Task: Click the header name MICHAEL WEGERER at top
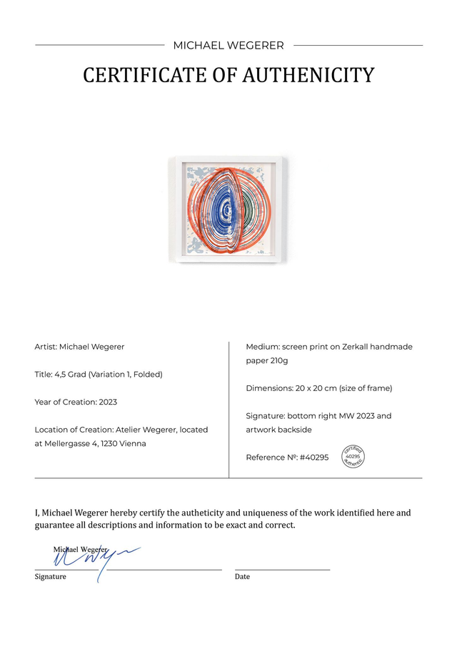click(x=228, y=46)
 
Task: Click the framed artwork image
click(x=228, y=210)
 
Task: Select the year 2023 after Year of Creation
click(x=108, y=402)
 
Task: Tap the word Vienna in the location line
click(x=133, y=443)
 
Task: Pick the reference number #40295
click(x=314, y=458)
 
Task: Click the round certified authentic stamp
click(x=353, y=457)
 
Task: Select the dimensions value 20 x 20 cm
click(x=315, y=388)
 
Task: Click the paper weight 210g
click(x=276, y=360)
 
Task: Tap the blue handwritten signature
click(x=89, y=558)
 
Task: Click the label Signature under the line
click(x=51, y=577)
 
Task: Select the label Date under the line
click(x=242, y=577)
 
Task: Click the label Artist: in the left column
click(x=46, y=347)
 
